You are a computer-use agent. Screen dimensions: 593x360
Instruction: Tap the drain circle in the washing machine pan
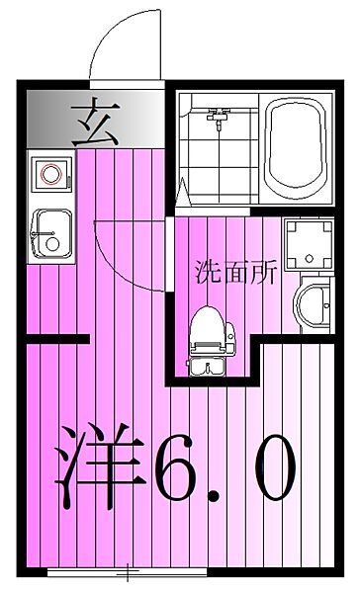(x=310, y=259)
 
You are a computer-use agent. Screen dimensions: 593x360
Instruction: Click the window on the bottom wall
(x=127, y=572)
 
